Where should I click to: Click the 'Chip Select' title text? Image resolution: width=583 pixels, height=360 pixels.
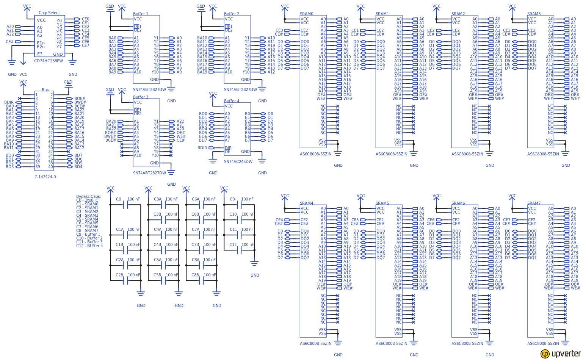pos(49,13)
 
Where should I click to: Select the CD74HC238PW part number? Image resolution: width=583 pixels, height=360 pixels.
pos(49,61)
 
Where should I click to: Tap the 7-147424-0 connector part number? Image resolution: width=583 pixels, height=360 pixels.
pos(45,177)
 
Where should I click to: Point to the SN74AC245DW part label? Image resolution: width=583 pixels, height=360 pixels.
pos(238,161)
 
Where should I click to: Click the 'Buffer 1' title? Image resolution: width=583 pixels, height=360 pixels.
pos(141,14)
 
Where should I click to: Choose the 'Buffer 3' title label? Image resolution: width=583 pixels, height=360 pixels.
pos(141,97)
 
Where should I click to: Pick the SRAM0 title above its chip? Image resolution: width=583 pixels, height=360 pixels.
pos(307,14)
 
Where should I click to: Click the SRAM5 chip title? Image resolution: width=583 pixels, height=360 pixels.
pos(382,203)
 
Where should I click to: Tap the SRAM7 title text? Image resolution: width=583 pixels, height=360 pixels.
pos(534,203)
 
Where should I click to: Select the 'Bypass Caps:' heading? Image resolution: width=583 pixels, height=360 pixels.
pos(89,197)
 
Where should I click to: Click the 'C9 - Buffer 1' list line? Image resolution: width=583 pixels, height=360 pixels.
pos(88,235)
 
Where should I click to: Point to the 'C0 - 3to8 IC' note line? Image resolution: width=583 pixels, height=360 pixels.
pos(87,200)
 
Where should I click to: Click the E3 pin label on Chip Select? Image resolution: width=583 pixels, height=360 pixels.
pos(40,54)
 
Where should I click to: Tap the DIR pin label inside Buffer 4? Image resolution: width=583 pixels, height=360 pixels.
pos(228,148)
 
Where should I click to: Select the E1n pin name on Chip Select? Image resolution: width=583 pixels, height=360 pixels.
pos(41,43)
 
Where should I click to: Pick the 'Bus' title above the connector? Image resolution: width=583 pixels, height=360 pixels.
pos(45,90)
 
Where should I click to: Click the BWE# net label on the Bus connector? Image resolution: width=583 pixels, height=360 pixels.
pos(80,102)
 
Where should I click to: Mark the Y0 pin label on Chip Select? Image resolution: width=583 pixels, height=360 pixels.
pos(59,20)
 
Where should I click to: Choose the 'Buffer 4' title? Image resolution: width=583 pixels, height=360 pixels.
pos(232,101)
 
